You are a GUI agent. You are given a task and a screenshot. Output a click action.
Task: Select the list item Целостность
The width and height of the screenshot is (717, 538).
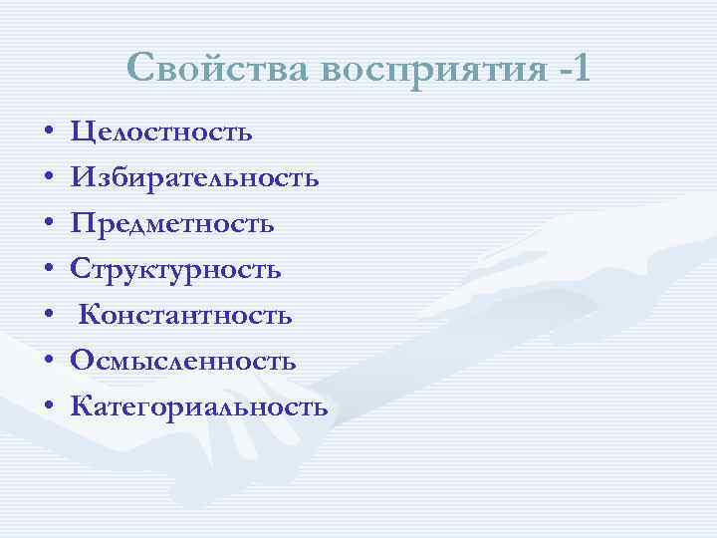[x=161, y=133]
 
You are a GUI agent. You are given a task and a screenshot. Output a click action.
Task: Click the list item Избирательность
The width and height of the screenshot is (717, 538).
[x=195, y=178]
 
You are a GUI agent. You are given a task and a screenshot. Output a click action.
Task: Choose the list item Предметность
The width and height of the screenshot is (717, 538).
[x=172, y=224]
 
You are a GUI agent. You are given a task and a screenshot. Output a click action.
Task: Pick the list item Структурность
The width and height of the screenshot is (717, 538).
[x=176, y=270]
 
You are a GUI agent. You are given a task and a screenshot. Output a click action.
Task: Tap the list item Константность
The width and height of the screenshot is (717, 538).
[x=185, y=316]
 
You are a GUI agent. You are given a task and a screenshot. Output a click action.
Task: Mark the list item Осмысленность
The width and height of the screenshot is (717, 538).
[x=183, y=361]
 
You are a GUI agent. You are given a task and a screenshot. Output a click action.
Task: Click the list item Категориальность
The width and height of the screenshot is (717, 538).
[x=199, y=406]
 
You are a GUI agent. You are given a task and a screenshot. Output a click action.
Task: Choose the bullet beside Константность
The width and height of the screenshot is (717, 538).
[x=48, y=317]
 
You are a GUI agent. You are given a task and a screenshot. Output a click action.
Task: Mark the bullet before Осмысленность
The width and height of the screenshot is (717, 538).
[x=48, y=362]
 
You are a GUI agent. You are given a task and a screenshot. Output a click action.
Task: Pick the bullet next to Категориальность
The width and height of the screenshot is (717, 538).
[x=48, y=407]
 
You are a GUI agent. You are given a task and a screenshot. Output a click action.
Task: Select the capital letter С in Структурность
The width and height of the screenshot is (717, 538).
[x=81, y=269]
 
